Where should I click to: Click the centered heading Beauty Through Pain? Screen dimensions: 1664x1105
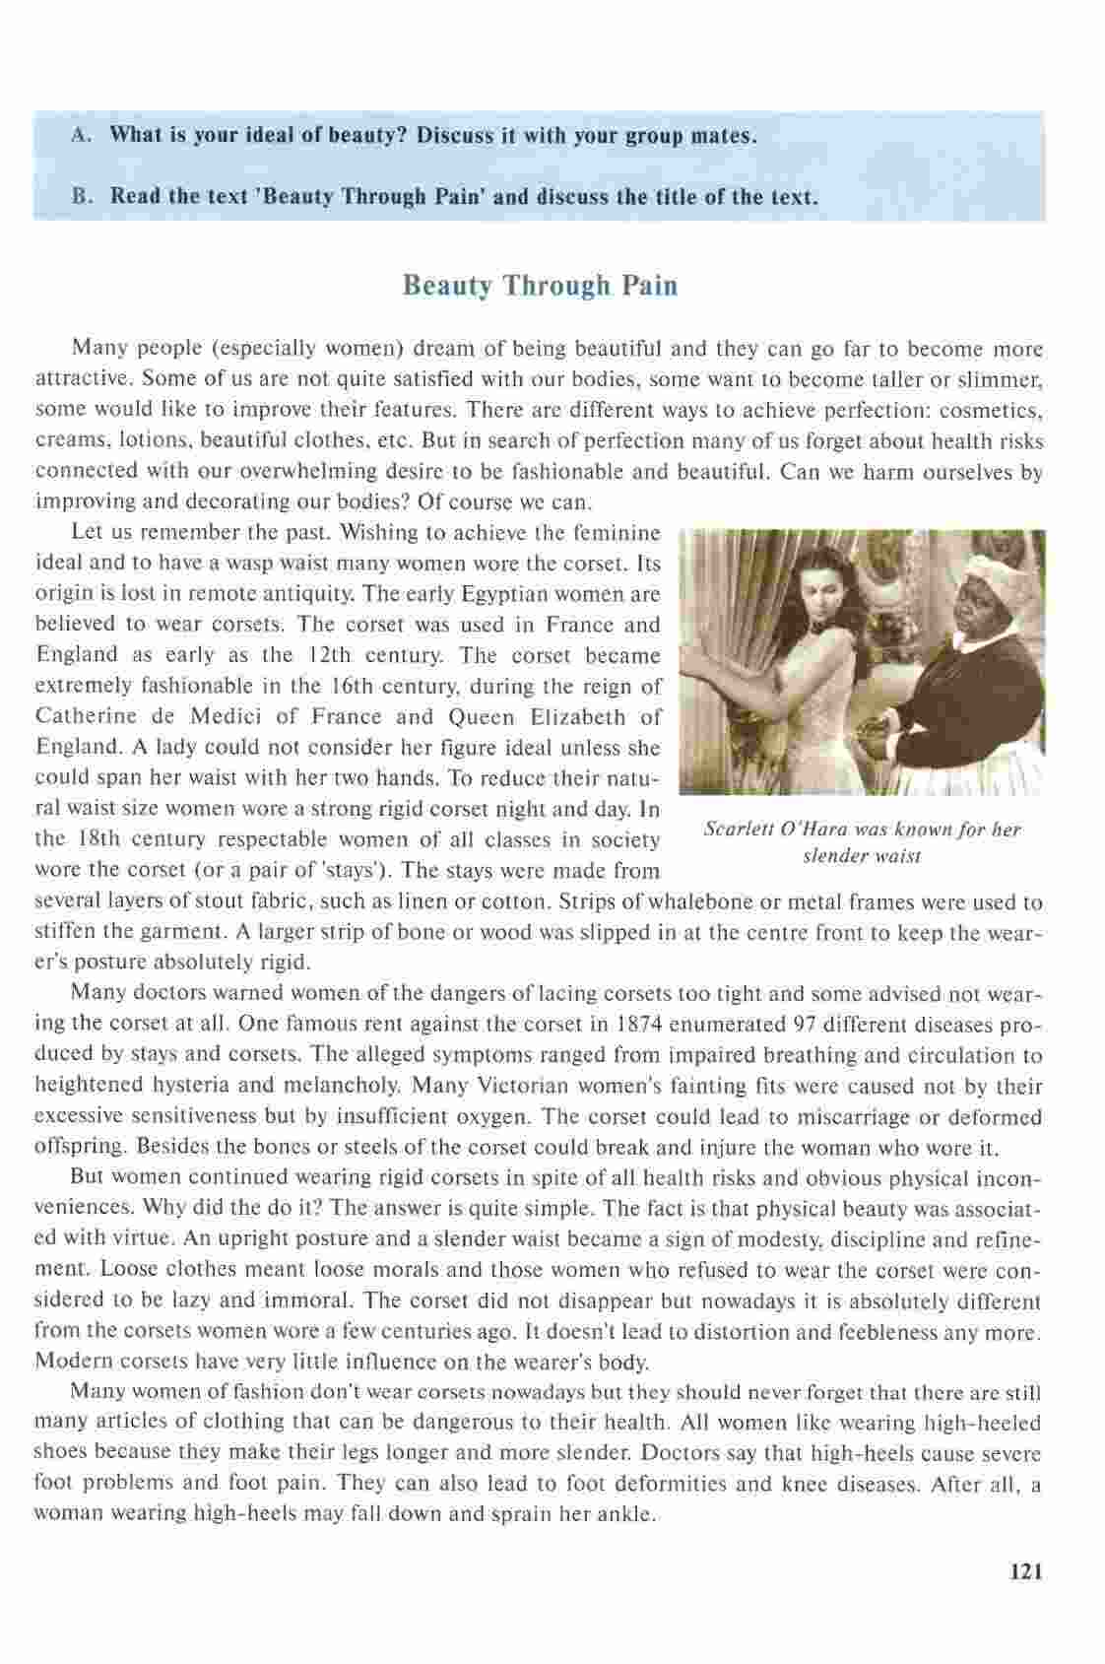pyautogui.click(x=541, y=286)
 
